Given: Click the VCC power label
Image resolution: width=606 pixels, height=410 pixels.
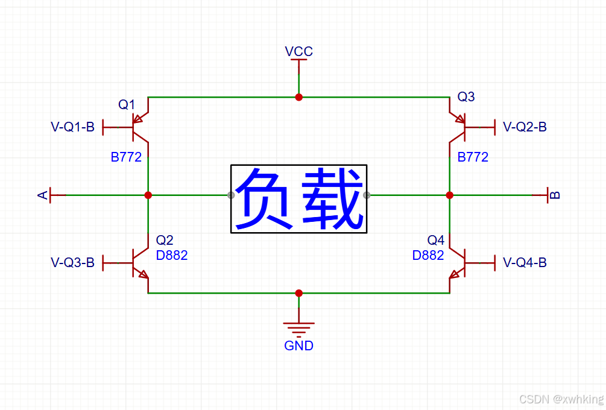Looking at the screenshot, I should [x=298, y=51].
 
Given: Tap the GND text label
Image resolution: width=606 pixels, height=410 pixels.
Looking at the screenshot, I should [x=298, y=346].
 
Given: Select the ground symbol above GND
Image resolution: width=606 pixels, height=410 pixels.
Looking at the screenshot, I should [x=298, y=329].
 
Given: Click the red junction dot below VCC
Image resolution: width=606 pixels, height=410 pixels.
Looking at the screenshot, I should [x=298, y=96].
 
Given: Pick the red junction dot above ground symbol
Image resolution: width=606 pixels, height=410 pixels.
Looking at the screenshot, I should [x=298, y=293].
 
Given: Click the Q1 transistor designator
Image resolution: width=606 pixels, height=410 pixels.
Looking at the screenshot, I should [x=127, y=105].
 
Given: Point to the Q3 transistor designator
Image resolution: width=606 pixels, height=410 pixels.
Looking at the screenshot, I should [x=466, y=96].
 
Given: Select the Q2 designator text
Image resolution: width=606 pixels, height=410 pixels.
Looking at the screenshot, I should [x=165, y=240].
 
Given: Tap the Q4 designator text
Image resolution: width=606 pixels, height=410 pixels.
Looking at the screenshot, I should [x=436, y=240].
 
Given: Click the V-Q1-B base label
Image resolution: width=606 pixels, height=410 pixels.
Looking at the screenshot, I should [x=72, y=127].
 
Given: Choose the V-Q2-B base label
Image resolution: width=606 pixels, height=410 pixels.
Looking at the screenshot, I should [x=525, y=127].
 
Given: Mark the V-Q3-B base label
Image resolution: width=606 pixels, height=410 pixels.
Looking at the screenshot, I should [x=72, y=263].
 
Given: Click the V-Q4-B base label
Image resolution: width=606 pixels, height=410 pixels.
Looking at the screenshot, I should [x=525, y=263].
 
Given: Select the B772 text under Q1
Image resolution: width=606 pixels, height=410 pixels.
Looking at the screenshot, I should [x=126, y=157].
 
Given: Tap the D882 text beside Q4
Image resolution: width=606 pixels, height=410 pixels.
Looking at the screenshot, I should [x=428, y=256].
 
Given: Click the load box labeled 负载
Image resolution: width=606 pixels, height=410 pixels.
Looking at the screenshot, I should [x=299, y=198].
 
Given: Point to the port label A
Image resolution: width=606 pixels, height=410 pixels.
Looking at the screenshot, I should [x=43, y=195].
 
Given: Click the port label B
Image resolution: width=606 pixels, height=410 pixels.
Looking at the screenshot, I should [x=556, y=195].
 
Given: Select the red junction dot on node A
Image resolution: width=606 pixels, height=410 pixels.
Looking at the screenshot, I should [x=148, y=195].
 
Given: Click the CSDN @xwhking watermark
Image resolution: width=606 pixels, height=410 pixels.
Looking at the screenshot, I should [x=561, y=399].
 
